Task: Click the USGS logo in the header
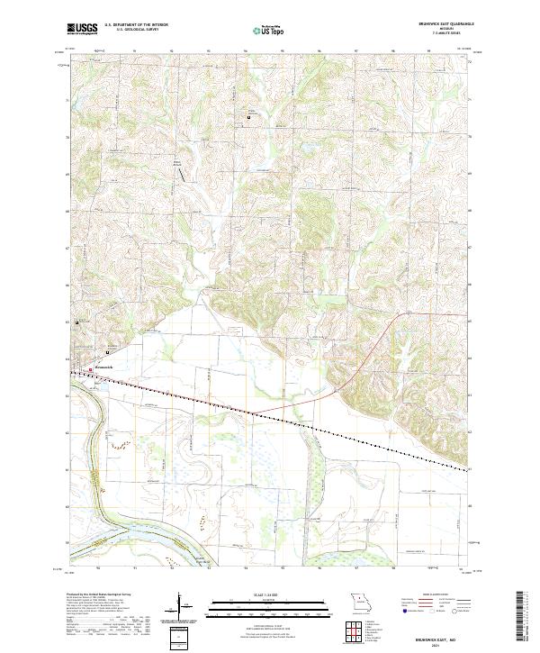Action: (x=83, y=29)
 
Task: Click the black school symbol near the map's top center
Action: (x=250, y=118)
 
